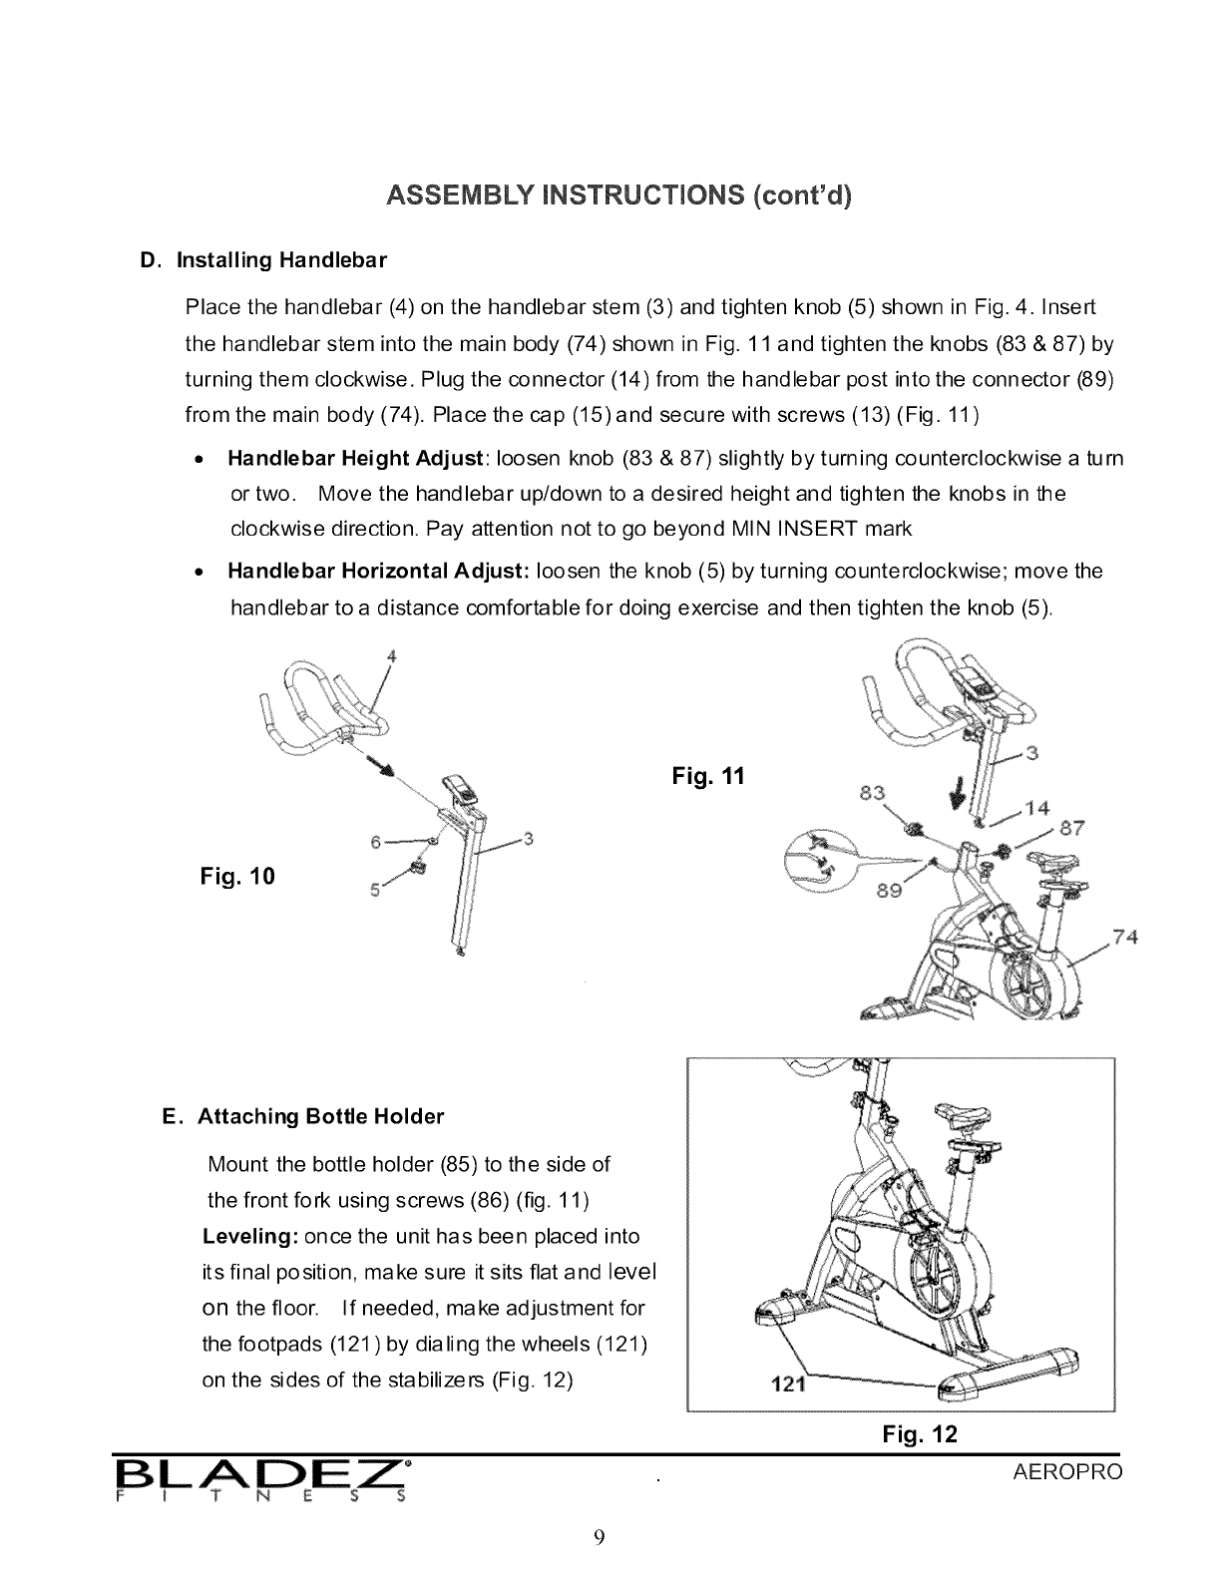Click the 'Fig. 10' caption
coord(237,877)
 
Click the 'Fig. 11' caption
coord(708,775)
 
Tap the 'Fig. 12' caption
coord(920,1434)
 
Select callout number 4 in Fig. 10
coord(392,656)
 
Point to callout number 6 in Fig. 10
coord(376,842)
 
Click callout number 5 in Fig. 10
coord(374,892)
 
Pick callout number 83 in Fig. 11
coord(872,793)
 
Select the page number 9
coord(599,1536)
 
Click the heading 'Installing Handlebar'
coord(281,261)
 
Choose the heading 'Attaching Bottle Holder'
coord(320,1116)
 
